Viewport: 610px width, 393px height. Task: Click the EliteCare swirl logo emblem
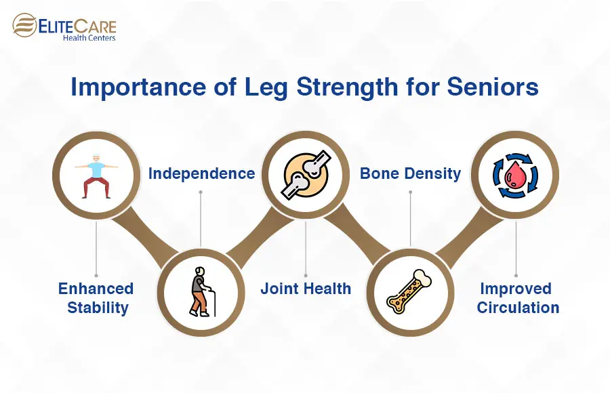(x=24, y=25)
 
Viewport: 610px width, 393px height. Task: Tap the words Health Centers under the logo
(x=89, y=38)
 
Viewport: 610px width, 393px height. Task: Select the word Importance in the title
(x=138, y=87)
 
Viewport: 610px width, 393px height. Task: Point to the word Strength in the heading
(x=347, y=87)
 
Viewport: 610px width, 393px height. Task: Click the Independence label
(x=201, y=173)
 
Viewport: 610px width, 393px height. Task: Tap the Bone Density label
(x=411, y=173)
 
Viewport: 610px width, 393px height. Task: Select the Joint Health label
(x=306, y=289)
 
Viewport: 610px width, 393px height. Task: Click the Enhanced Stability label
(x=96, y=298)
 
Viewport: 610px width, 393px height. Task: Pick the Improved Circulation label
(x=518, y=298)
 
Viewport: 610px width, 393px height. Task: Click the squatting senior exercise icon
(x=96, y=176)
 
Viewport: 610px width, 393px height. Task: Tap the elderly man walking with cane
(x=202, y=292)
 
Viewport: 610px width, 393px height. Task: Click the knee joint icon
(x=306, y=175)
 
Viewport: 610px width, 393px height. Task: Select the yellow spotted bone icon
(x=409, y=291)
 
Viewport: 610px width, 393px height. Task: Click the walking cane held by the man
(x=212, y=301)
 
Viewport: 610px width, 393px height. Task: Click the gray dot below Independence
(x=201, y=192)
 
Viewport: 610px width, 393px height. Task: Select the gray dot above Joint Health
(x=306, y=276)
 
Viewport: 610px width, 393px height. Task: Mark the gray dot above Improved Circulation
(x=516, y=276)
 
